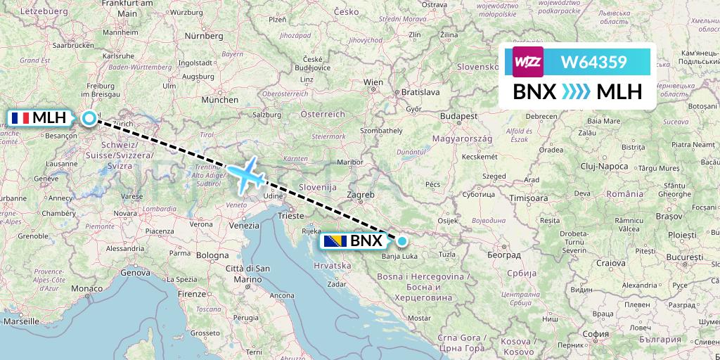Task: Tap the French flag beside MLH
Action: click(20, 118)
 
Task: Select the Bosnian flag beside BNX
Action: click(335, 242)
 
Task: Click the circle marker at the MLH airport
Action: click(89, 118)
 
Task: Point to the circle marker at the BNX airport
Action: click(401, 241)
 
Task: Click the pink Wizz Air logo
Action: click(528, 63)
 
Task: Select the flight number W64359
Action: click(593, 63)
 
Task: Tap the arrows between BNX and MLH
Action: click(576, 91)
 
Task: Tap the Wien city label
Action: click(373, 82)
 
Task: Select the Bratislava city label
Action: click(420, 92)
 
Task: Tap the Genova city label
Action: click(135, 272)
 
